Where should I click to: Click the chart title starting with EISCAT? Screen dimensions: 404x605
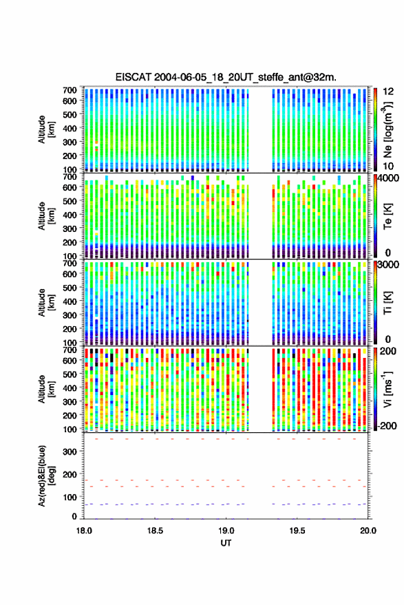[226, 77]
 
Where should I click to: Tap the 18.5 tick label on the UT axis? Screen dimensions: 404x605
[155, 531]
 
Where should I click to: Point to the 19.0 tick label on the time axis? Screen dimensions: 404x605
[226, 531]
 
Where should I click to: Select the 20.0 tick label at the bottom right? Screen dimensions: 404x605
[368, 531]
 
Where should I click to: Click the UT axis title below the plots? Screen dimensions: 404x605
[226, 543]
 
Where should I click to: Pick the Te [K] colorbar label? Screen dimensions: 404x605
[387, 216]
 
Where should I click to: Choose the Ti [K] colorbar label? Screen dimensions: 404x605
[387, 303]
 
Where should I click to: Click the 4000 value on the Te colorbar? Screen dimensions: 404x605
[388, 179]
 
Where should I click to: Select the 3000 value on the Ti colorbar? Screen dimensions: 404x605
[388, 265]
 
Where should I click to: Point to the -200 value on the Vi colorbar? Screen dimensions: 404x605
[387, 426]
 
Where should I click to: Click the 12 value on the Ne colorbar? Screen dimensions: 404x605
[388, 92]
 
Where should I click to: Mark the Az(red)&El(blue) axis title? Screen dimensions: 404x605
[47, 476]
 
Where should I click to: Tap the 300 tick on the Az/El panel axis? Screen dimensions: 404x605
[70, 452]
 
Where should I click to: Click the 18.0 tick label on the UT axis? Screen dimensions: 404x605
[84, 531]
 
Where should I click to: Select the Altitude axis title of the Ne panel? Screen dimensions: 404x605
[47, 129]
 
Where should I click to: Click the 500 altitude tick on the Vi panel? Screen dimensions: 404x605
[70, 374]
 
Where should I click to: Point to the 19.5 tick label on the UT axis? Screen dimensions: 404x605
[297, 531]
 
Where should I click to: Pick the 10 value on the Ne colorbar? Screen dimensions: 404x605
[388, 167]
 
